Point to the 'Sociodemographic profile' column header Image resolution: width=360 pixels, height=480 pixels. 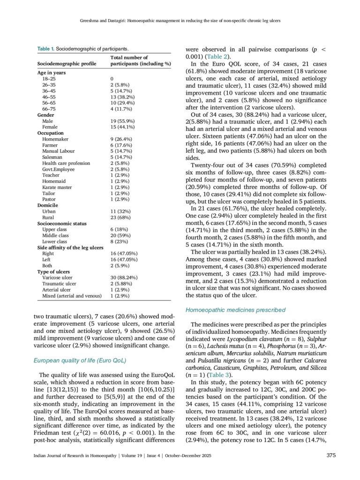click(67, 63)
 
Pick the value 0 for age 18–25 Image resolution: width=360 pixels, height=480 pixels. click(112, 79)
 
